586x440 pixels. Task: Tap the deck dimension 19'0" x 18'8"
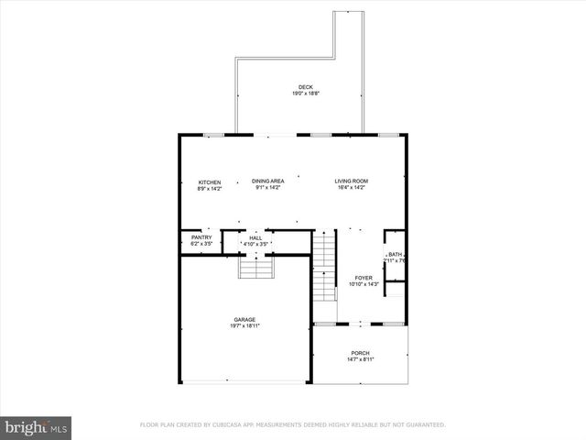305,93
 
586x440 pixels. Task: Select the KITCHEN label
210,182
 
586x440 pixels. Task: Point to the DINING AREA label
268,181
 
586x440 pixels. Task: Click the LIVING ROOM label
351,181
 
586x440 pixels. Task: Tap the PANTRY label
201,237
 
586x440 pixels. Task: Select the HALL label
255,237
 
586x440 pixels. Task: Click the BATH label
395,255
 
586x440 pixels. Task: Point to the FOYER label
364,278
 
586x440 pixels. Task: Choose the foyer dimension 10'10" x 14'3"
364,284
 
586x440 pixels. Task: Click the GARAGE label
244,320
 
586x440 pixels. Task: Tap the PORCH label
361,353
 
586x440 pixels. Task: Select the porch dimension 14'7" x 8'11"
361,359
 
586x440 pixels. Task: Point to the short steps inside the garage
257,268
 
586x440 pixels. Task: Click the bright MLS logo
36,427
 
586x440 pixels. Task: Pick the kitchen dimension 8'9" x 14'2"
210,189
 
